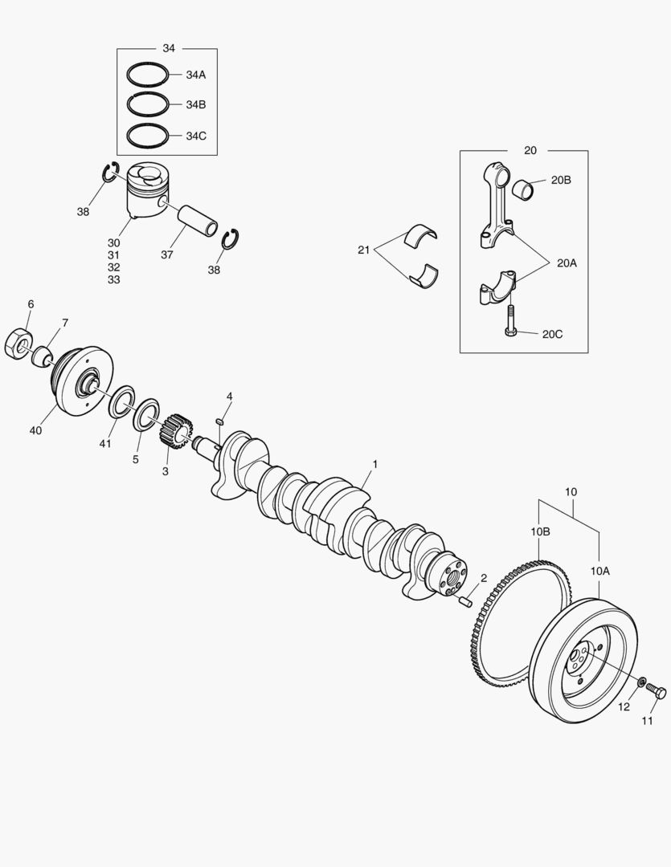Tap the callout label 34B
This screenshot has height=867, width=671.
[x=195, y=105]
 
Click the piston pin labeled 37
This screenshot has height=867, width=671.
[x=197, y=221]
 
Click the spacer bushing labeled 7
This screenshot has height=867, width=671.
[x=42, y=356]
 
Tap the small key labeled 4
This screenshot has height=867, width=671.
[x=219, y=422]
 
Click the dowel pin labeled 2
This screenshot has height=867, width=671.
[x=465, y=600]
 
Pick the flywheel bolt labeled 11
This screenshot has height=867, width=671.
[x=656, y=690]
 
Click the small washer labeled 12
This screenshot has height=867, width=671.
[x=641, y=682]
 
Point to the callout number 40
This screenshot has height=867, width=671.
[x=35, y=430]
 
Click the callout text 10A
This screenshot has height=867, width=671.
[x=600, y=572]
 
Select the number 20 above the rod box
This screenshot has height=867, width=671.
[x=530, y=150]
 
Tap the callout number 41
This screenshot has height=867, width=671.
[x=105, y=443]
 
